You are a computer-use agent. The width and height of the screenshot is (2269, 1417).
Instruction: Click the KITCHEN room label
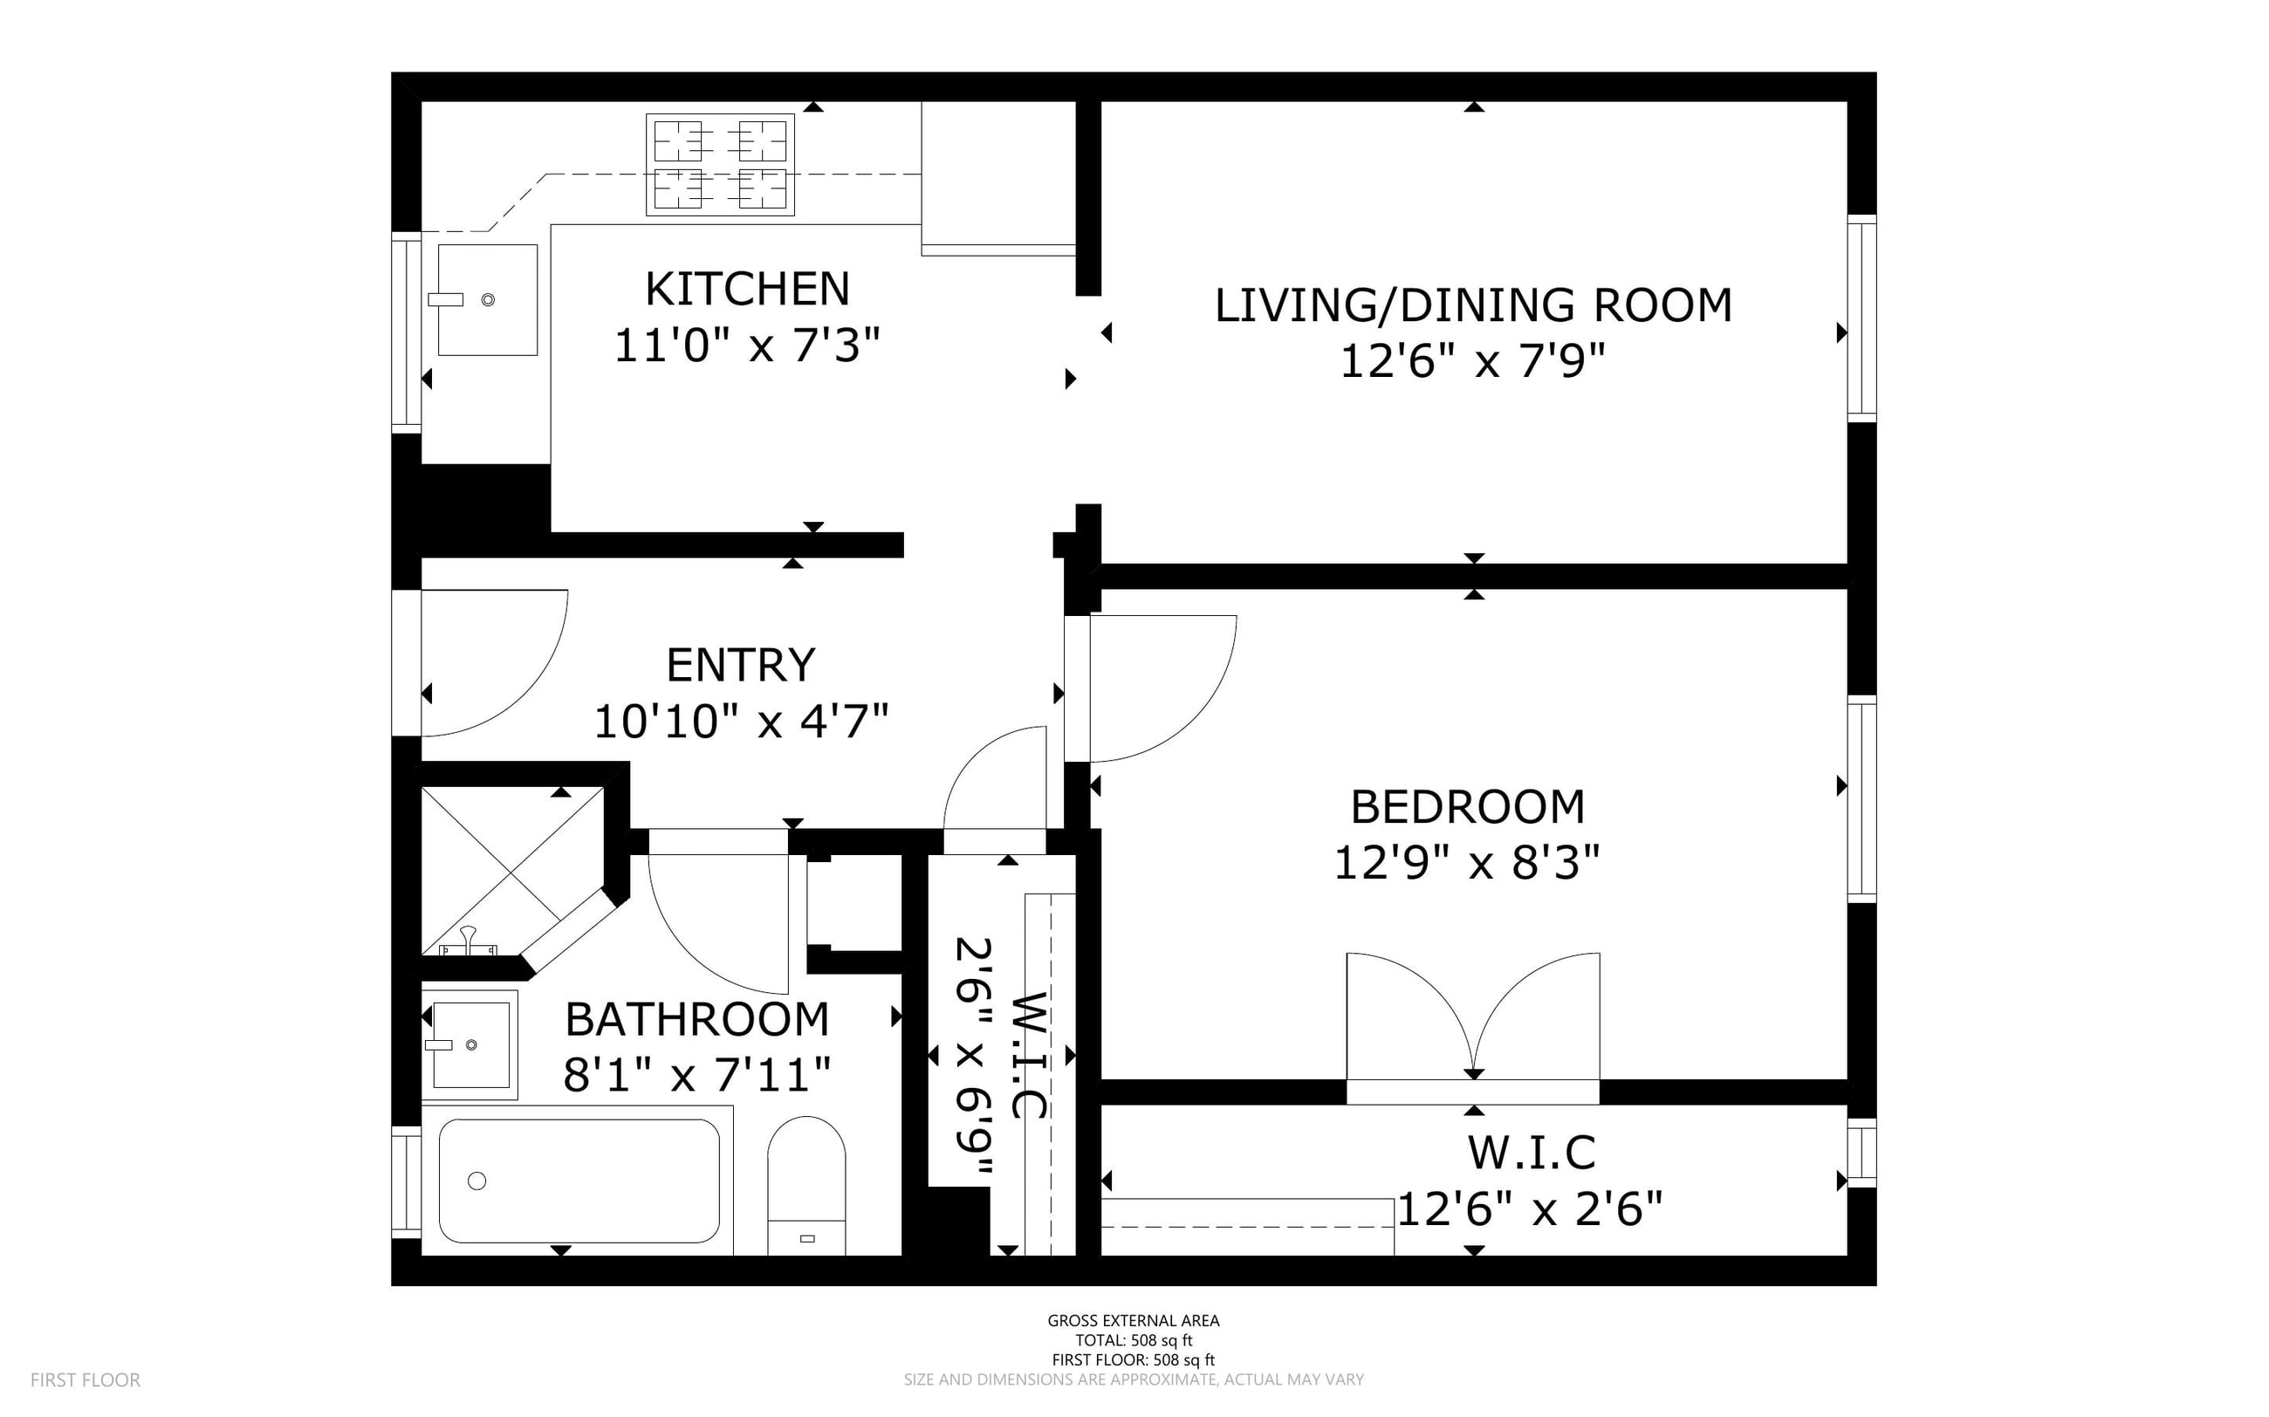[x=747, y=289]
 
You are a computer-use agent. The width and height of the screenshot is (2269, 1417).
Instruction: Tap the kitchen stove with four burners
[x=720, y=165]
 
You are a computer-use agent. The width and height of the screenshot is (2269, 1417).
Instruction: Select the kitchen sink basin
[x=487, y=300]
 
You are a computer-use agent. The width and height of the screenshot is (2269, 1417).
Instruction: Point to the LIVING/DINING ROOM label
[x=1473, y=305]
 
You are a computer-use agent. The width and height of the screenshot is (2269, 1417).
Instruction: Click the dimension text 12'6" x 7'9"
[x=1473, y=361]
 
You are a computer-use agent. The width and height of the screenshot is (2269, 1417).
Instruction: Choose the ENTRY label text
[x=740, y=666]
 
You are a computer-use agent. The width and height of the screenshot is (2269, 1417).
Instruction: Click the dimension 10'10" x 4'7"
[x=740, y=722]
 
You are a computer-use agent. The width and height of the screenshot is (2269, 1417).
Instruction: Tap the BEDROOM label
[x=1468, y=807]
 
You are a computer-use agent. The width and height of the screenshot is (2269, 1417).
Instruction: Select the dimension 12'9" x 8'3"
[x=1467, y=862]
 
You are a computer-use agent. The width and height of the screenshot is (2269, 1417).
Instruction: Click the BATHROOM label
[x=697, y=1020]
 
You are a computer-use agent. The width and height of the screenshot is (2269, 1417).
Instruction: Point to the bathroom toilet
[x=806, y=1186]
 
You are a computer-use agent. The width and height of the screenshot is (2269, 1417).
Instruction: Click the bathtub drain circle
[x=477, y=1181]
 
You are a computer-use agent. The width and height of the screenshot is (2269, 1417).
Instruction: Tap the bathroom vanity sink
[x=470, y=1044]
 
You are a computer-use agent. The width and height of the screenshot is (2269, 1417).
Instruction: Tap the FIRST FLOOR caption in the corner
[x=86, y=1379]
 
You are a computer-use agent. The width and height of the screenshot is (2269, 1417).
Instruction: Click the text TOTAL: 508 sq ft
[x=1133, y=1340]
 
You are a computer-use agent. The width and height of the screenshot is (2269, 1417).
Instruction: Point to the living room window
[x=1862, y=318]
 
